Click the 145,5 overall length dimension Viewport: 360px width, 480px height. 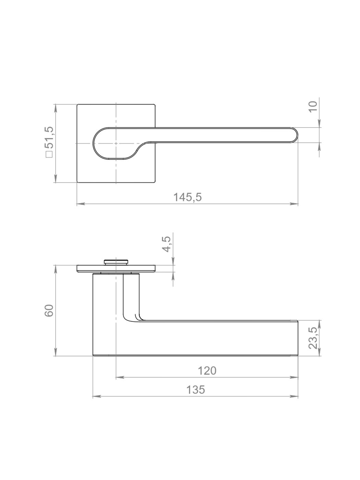188,197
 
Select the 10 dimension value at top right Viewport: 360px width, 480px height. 313,107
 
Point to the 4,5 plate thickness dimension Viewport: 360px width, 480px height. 167,244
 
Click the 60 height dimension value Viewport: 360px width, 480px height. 49,310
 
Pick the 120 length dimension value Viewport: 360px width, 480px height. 207,371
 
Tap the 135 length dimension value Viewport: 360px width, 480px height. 196,390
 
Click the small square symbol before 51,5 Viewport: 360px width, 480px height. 49,155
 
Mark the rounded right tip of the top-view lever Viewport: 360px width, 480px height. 297,135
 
